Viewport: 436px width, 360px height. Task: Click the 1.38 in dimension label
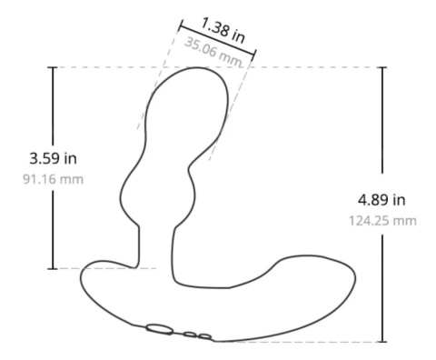[223, 31]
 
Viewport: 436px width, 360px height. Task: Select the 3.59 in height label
[53, 158]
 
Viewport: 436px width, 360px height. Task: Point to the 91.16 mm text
[53, 179]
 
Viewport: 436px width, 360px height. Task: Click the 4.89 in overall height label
[381, 200]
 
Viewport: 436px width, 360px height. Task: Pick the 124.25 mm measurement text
[382, 221]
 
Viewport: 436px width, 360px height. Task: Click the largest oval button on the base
[160, 329]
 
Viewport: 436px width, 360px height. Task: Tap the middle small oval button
[190, 335]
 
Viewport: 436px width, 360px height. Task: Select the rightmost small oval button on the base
[204, 336]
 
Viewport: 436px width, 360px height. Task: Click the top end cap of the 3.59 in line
[53, 67]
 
